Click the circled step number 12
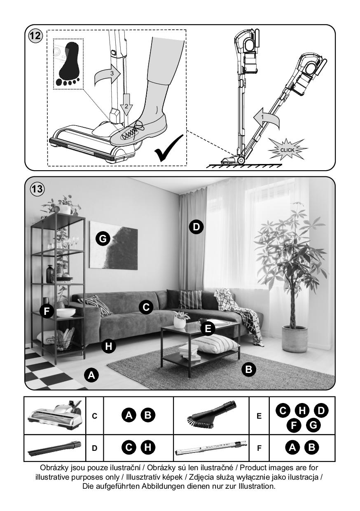tap(35, 36)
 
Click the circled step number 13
tap(37, 189)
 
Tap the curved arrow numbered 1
tap(266, 118)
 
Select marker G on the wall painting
tap(103, 239)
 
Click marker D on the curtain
tap(196, 227)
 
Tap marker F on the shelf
tap(47, 311)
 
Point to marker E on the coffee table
tap(208, 329)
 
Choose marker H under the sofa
tap(109, 346)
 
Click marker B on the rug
tap(248, 369)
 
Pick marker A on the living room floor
tap(91, 375)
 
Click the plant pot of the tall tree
tap(295, 339)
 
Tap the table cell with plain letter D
tap(94, 448)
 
